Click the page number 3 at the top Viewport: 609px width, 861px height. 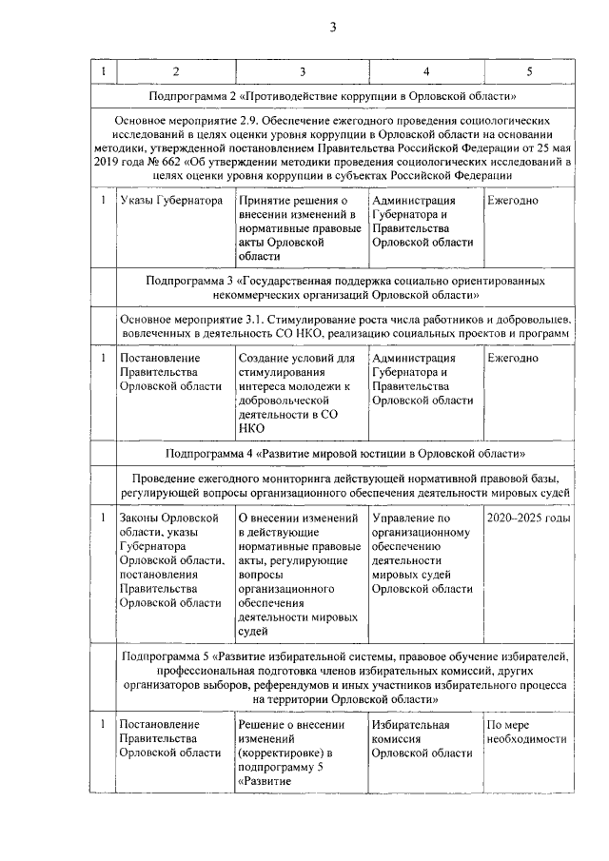pyautogui.click(x=333, y=27)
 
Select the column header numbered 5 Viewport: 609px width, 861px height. pyautogui.click(x=529, y=72)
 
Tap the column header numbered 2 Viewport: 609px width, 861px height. pyautogui.click(x=175, y=72)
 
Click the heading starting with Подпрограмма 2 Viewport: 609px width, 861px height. pyautogui.click(x=333, y=97)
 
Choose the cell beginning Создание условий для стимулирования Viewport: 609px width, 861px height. pyautogui.click(x=296, y=393)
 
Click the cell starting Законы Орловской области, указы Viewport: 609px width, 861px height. pyautogui.click(x=170, y=559)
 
